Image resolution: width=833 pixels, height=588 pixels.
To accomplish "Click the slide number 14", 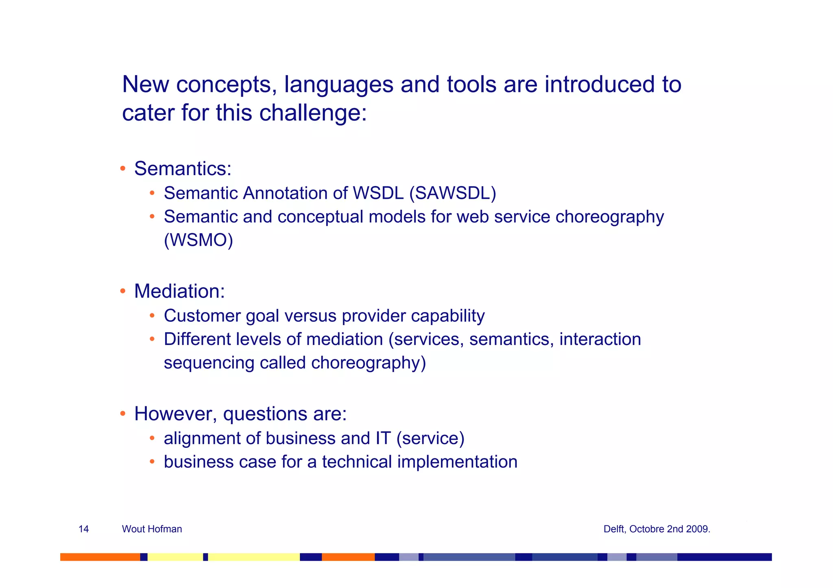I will pos(83,529).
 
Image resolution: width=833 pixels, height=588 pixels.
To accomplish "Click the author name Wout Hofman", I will pos(152,529).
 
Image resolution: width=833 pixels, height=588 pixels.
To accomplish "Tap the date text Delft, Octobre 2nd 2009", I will pos(656,529).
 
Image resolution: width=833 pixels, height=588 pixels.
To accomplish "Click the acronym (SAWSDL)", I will pos(452,193).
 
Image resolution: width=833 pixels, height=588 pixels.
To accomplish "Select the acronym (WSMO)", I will pos(198,240).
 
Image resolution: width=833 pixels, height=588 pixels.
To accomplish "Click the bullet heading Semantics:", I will pos(183,168).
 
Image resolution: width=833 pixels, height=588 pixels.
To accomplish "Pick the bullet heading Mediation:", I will pos(179,291).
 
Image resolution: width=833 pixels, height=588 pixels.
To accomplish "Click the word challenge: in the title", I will pos(313,113).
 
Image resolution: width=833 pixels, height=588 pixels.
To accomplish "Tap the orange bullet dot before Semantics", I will pos(122,168).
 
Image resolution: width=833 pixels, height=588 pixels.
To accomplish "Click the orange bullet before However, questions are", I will pos(122,414).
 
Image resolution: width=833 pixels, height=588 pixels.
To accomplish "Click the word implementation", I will pos(457,462).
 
